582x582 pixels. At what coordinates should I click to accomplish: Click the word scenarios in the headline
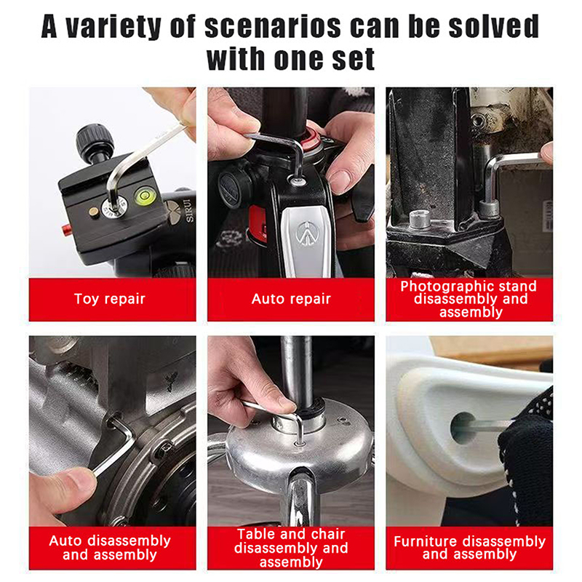click(272, 27)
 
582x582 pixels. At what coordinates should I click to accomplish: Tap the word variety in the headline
click(113, 27)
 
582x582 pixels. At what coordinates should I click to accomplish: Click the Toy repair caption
click(110, 299)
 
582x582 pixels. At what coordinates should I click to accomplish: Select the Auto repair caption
click(291, 299)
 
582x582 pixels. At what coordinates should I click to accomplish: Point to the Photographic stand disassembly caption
click(469, 299)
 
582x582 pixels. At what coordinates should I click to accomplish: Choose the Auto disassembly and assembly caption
click(110, 548)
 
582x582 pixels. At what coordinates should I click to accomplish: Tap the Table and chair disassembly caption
click(291, 548)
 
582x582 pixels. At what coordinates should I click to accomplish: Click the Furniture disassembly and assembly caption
click(469, 548)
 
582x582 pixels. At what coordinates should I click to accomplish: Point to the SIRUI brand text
click(189, 210)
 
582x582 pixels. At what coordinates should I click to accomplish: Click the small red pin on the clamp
click(65, 229)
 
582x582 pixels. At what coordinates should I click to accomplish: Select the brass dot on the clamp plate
click(94, 212)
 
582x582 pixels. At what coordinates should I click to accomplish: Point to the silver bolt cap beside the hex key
click(420, 219)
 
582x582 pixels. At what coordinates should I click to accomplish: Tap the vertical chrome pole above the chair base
click(296, 367)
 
